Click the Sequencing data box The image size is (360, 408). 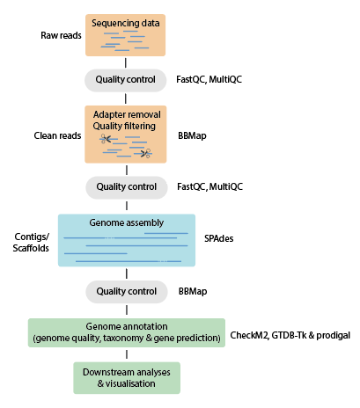tap(125, 35)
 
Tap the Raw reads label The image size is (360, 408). tap(61, 35)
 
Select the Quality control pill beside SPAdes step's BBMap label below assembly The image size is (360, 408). tap(127, 292)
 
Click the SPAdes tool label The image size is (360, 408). tap(219, 238)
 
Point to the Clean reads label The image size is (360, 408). tap(57, 135)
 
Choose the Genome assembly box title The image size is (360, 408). tap(127, 222)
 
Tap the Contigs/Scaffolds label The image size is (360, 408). tap(31, 243)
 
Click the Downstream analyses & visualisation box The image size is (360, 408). tap(127, 378)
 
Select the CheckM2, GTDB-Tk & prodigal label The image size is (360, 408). tap(290, 335)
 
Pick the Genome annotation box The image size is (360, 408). tap(127, 332)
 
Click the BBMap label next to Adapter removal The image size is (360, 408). tap(192, 136)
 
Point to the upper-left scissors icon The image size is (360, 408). tap(105, 139)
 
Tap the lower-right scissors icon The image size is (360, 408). tap(146, 153)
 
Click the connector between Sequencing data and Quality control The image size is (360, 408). tap(126, 62)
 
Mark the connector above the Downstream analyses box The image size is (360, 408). tap(127, 354)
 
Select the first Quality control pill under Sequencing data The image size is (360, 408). tap(126, 80)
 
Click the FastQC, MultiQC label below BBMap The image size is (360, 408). tap(210, 186)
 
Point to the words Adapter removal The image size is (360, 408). tap(127, 114)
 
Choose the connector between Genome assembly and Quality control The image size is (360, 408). tap(127, 273)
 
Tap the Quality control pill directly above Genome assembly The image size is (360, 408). tap(127, 187)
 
